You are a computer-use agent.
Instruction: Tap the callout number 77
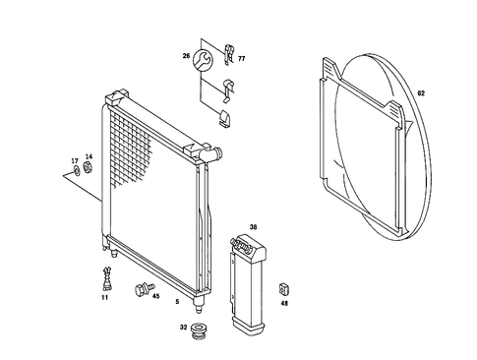click(242, 59)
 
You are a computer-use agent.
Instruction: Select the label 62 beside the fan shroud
click(421, 94)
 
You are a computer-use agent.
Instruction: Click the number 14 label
click(89, 158)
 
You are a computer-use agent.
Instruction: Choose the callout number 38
click(253, 227)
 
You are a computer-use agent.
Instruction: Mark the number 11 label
click(105, 296)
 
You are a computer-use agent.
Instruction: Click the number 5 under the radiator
click(176, 301)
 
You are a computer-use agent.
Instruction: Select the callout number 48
click(284, 303)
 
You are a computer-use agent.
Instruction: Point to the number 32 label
click(184, 329)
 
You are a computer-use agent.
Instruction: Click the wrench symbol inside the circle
click(204, 60)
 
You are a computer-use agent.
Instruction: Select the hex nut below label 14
click(88, 170)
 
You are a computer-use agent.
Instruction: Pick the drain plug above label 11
click(105, 273)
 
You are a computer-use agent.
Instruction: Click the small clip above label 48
click(284, 287)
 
